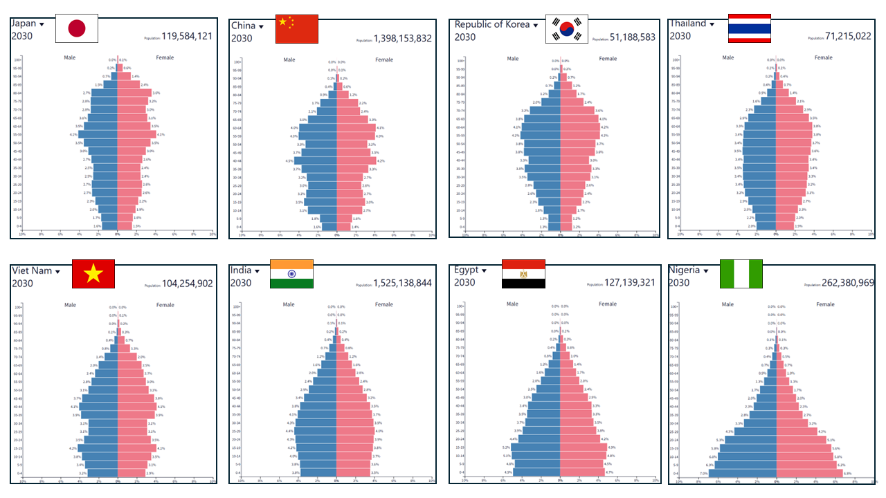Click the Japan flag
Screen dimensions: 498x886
click(77, 28)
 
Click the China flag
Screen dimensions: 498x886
click(297, 28)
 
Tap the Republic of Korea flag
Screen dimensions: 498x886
click(567, 29)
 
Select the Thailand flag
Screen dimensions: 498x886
click(750, 28)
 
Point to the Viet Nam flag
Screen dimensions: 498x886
click(93, 275)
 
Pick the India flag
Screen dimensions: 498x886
click(291, 274)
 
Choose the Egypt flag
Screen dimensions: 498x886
click(523, 274)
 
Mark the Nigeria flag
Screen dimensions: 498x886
click(741, 274)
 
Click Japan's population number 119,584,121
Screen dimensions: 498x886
click(187, 37)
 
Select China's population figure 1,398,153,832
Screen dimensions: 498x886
click(403, 39)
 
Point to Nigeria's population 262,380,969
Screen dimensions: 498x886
click(840, 283)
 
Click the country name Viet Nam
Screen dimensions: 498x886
click(32, 270)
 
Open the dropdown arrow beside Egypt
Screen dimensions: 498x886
click(485, 270)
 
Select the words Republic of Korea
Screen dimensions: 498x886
click(492, 24)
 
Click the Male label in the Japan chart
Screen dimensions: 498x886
click(70, 57)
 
